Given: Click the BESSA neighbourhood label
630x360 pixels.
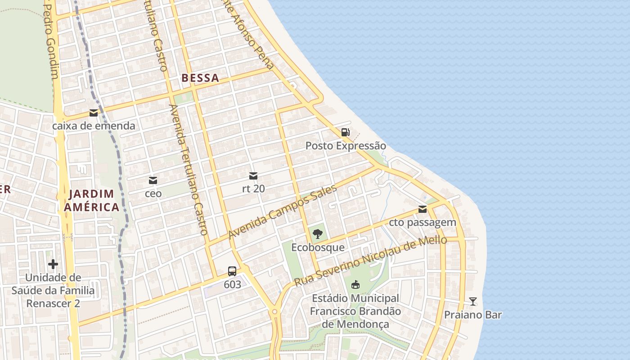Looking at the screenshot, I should coord(200,78).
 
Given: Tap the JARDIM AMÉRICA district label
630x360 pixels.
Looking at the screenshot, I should coord(92,201).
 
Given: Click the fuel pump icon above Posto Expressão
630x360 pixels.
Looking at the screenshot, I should coord(345,132).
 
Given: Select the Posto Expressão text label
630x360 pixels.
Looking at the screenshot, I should coord(346,146).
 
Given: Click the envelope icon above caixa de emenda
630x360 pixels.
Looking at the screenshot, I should coord(94,113).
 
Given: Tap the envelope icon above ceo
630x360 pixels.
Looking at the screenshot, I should coord(153,180).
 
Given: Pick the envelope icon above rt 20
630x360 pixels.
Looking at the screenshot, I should coord(253,175).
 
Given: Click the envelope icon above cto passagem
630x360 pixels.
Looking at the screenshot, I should coord(423,209).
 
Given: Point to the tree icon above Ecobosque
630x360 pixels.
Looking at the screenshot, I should coord(318,234).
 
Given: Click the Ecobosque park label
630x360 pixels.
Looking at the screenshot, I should coord(318,247).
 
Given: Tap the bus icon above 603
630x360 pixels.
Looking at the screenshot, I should coord(232,271).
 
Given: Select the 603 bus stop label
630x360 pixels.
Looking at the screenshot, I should coord(232,284).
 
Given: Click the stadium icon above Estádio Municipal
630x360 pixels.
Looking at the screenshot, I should coord(355,284).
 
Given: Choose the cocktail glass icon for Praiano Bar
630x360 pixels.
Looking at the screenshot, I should coord(472,301).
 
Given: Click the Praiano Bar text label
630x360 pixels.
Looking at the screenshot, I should coord(472,315).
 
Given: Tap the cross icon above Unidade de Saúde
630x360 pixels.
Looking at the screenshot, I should coord(53,264).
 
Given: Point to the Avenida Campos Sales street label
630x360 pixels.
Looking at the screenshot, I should coord(283,212).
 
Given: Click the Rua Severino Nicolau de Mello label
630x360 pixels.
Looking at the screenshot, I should coord(370,261).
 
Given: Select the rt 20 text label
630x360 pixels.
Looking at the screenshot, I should coord(253,189).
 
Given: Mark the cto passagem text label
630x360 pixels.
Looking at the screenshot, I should coord(423,222).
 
